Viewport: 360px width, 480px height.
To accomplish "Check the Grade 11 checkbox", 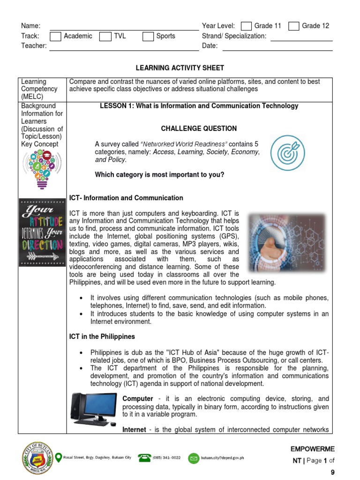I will pyautogui.click(x=246, y=26).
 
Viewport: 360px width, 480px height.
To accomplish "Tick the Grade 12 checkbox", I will pyautogui.click(x=294, y=26).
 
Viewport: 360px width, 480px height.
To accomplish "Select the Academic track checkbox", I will pyautogui.click(x=55, y=36).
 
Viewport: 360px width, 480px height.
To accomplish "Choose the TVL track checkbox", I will pyautogui.click(x=105, y=36).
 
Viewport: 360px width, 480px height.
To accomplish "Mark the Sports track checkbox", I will pyautogui.click(x=148, y=36).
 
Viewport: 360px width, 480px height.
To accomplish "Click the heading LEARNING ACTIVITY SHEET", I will pyautogui.click(x=180, y=68).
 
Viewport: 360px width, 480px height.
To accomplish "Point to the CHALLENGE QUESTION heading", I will pyautogui.click(x=199, y=128).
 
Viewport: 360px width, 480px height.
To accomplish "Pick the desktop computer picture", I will pyautogui.click(x=94, y=409).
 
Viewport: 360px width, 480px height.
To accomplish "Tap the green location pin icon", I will pyautogui.click(x=59, y=457).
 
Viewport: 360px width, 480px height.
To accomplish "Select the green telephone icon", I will pyautogui.click(x=144, y=457).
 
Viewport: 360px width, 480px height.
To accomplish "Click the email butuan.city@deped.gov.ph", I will pyautogui.click(x=223, y=457).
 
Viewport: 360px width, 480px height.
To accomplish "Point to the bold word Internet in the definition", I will pyautogui.click(x=134, y=429).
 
